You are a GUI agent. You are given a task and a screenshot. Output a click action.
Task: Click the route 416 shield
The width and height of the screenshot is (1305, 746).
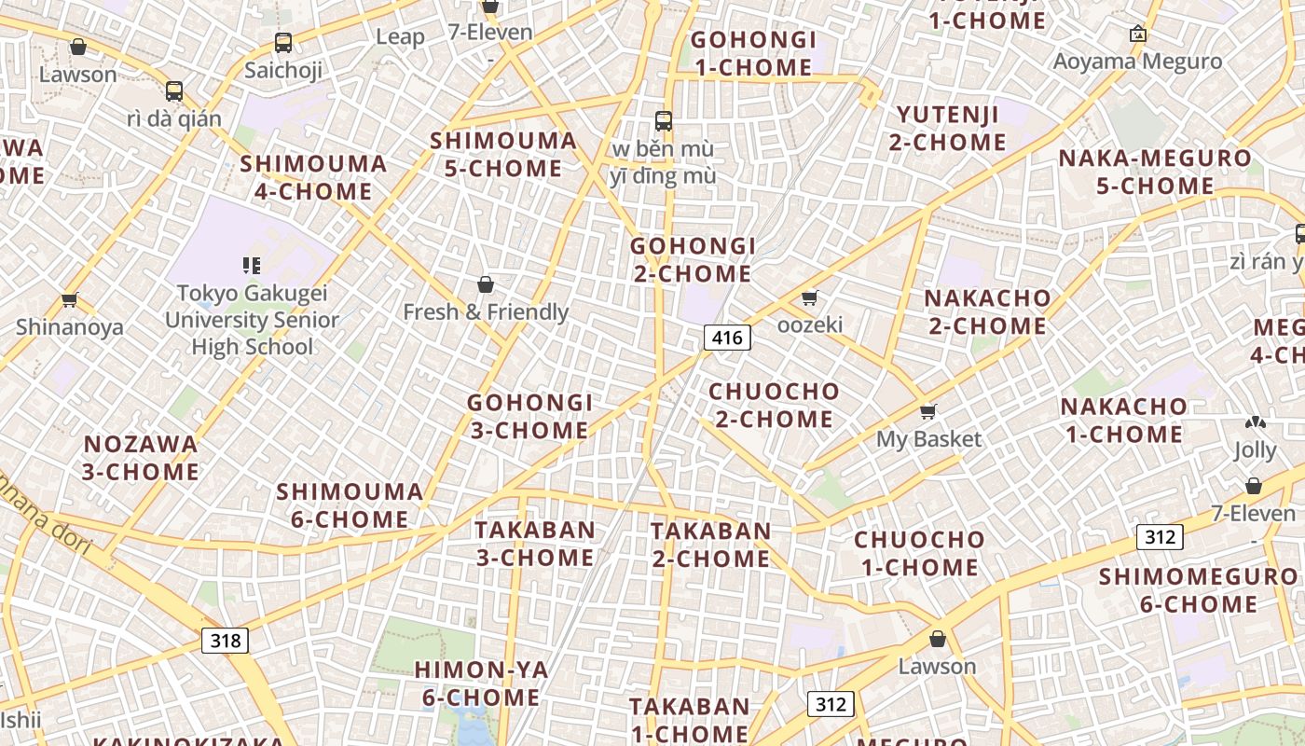coord(726,338)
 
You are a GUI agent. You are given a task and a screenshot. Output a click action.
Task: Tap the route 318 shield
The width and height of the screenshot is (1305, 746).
coord(225,641)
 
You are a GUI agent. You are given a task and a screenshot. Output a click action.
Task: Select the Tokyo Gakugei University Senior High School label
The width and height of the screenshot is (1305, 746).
coord(252,320)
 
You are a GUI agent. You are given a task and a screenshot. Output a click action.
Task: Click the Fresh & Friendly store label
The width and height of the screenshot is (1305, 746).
coord(486,311)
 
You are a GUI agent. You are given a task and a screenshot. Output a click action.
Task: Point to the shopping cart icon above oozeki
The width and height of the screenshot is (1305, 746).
coord(809,297)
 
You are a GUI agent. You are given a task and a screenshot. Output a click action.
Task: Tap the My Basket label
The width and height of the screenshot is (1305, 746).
coord(928,438)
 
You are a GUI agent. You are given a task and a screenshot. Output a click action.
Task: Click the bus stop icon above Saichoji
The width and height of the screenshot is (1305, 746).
coord(283,43)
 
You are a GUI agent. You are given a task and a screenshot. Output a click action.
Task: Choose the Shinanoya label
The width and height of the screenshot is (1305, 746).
coord(70,326)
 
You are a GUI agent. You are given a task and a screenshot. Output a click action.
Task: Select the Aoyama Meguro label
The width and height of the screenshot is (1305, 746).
coord(1137,62)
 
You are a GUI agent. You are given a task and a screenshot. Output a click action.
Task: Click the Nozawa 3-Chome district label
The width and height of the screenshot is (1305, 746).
coord(141,458)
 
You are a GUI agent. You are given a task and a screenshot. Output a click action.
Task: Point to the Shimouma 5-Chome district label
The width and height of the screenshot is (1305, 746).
coord(503,155)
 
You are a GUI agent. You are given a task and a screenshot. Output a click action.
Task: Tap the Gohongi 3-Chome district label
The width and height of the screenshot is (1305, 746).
coord(529,417)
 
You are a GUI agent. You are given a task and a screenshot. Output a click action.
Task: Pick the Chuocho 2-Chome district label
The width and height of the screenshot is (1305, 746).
coord(774,406)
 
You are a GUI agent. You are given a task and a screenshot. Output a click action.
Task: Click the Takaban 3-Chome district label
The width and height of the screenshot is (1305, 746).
coord(534,544)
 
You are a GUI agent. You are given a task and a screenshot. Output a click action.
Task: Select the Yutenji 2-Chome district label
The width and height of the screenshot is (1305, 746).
coord(948,129)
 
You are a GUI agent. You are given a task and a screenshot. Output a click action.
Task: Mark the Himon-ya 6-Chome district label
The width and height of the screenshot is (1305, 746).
coord(481,684)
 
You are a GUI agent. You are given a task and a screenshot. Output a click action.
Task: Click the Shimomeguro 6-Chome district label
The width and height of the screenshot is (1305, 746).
coord(1198,590)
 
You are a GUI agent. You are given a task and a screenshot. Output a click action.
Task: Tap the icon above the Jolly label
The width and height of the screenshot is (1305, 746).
coord(1255,423)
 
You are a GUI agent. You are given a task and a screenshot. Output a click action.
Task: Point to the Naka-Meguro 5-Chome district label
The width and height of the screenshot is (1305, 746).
coord(1154,172)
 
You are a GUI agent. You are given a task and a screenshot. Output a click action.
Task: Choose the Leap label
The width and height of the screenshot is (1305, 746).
coord(400,37)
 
